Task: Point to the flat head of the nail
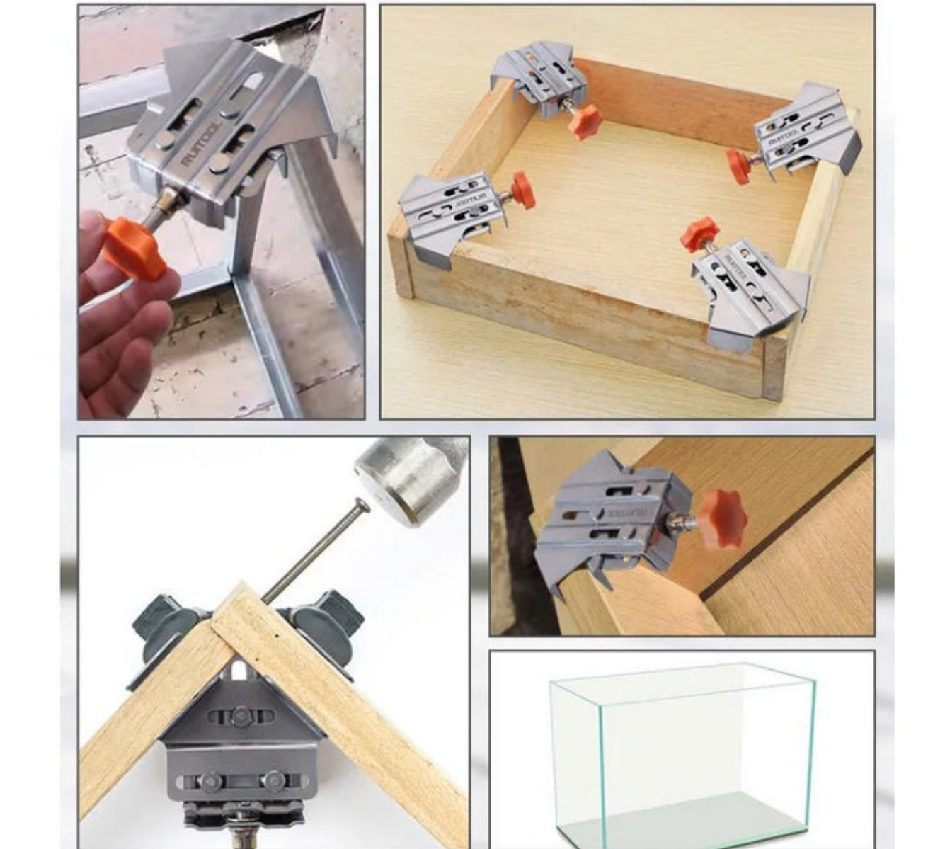(x=362, y=505)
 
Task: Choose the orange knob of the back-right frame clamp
(x=738, y=166)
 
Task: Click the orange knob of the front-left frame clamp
(x=523, y=189)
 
